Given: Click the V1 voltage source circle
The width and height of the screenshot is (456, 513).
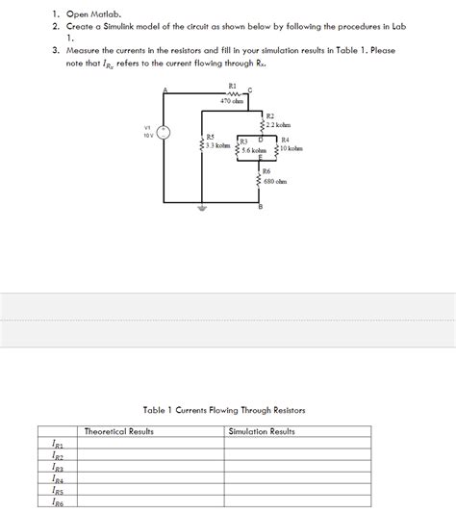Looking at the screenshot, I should tap(165, 133).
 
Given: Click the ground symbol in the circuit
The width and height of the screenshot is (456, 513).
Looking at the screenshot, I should tap(201, 207).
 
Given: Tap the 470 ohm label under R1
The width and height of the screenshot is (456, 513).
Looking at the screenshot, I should tap(231, 100).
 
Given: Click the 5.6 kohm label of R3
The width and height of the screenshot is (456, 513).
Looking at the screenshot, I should tap(260, 150).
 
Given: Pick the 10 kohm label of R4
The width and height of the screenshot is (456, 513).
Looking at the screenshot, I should tap(291, 149).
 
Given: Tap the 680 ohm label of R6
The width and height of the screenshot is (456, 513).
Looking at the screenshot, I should tap(274, 180).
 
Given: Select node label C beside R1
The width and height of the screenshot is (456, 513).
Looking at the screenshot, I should tap(249, 90).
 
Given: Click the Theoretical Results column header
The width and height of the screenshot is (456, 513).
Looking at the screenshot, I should tap(119, 432).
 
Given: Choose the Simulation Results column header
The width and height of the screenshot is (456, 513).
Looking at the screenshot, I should tap(262, 432).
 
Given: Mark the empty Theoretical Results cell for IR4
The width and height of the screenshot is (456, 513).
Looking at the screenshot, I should tap(152, 478).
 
